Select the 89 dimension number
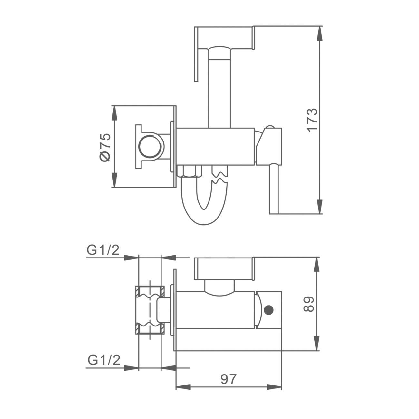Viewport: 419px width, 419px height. point(309,304)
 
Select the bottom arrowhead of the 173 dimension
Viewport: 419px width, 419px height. point(320,206)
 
